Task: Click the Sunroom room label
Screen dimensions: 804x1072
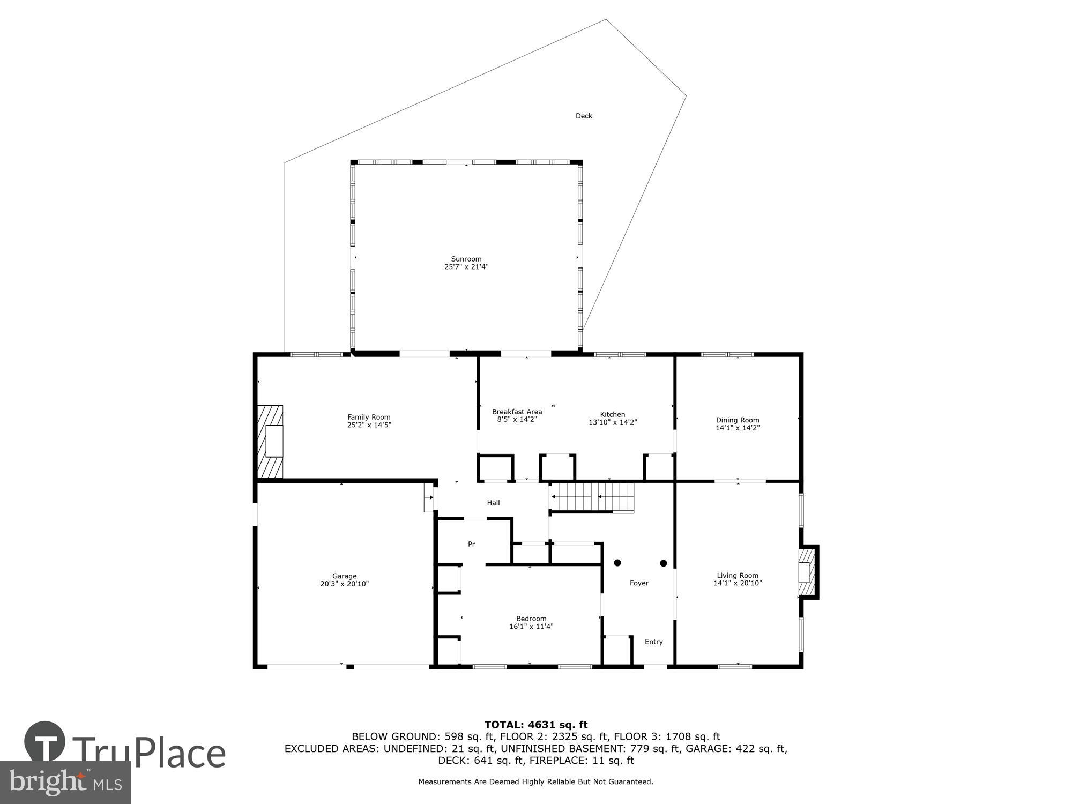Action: (466, 259)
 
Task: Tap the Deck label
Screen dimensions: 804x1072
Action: (584, 116)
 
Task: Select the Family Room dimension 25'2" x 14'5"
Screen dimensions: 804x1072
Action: (369, 425)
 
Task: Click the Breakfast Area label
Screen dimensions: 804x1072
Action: (517, 412)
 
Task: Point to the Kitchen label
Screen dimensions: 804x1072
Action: (612, 414)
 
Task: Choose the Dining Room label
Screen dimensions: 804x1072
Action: (737, 420)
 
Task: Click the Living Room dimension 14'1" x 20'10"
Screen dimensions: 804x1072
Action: (737, 583)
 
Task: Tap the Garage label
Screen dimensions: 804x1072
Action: (344, 576)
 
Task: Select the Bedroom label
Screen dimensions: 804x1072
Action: (531, 619)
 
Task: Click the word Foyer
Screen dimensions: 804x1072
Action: (639, 583)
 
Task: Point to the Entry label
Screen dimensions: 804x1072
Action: (653, 642)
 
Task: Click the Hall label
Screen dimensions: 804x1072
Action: (493, 503)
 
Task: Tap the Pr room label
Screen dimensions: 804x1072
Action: (471, 544)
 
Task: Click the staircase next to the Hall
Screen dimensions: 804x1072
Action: (592, 497)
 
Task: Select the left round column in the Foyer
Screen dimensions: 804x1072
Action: (617, 563)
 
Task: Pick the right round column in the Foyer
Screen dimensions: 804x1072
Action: (663, 563)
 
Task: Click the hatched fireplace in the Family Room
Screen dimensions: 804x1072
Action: (270, 441)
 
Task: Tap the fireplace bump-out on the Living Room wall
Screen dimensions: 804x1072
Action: (808, 572)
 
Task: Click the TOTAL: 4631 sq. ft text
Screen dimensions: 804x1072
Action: (535, 725)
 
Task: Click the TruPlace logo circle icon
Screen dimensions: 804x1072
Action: (45, 742)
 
